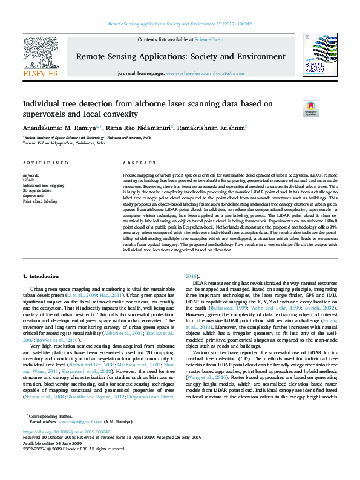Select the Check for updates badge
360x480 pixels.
click(311, 109)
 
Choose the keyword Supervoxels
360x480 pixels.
click(33, 196)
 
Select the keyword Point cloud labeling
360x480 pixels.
click(40, 201)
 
